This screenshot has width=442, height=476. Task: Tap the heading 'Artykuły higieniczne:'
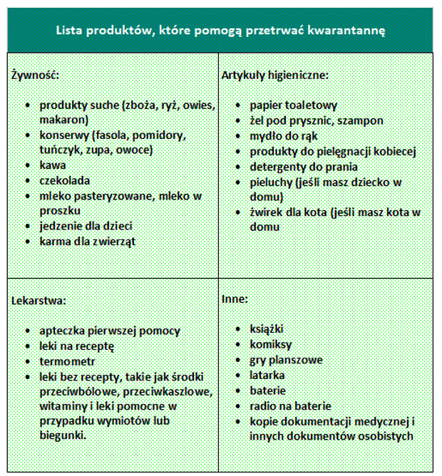(274, 75)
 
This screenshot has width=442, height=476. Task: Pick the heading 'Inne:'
(235, 300)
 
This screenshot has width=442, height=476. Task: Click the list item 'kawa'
(53, 165)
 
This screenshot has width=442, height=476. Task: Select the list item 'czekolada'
(65, 180)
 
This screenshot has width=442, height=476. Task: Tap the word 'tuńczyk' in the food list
(60, 150)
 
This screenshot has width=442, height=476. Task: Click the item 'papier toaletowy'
(293, 105)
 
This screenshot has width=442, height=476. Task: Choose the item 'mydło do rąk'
(284, 135)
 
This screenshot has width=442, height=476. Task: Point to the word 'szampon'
(361, 120)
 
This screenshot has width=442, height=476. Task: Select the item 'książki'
(267, 329)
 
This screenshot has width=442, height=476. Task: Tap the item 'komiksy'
(270, 345)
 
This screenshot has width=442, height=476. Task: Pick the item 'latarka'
(267, 375)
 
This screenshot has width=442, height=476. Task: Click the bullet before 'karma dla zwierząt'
(28, 242)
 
